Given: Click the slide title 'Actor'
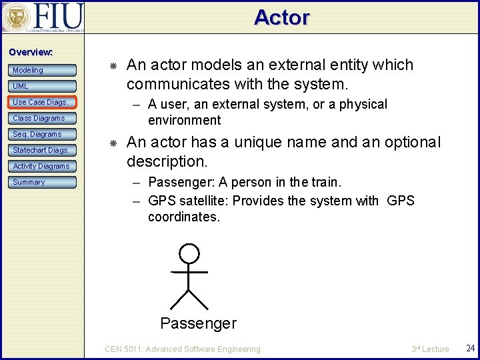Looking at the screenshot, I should (x=281, y=17).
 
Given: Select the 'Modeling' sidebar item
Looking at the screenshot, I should (x=41, y=70).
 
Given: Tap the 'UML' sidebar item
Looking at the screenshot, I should (x=41, y=86).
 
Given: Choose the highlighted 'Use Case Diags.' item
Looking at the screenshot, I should (x=41, y=102).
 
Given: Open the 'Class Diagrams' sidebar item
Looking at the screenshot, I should (x=41, y=118).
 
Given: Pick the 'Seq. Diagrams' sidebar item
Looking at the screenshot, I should (x=41, y=134).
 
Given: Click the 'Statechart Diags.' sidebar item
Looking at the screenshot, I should (x=41, y=150).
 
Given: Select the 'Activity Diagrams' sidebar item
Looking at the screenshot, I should (x=41, y=166).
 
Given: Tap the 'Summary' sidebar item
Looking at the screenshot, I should (x=41, y=182).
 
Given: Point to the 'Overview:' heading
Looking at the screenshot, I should (x=30, y=52).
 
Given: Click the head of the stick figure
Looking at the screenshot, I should (x=190, y=253).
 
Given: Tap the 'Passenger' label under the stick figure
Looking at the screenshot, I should (x=198, y=323).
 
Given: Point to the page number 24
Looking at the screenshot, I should (x=470, y=349).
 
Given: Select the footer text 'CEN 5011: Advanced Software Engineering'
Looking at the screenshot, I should (x=183, y=349).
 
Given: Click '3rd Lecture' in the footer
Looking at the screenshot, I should (x=430, y=349).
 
